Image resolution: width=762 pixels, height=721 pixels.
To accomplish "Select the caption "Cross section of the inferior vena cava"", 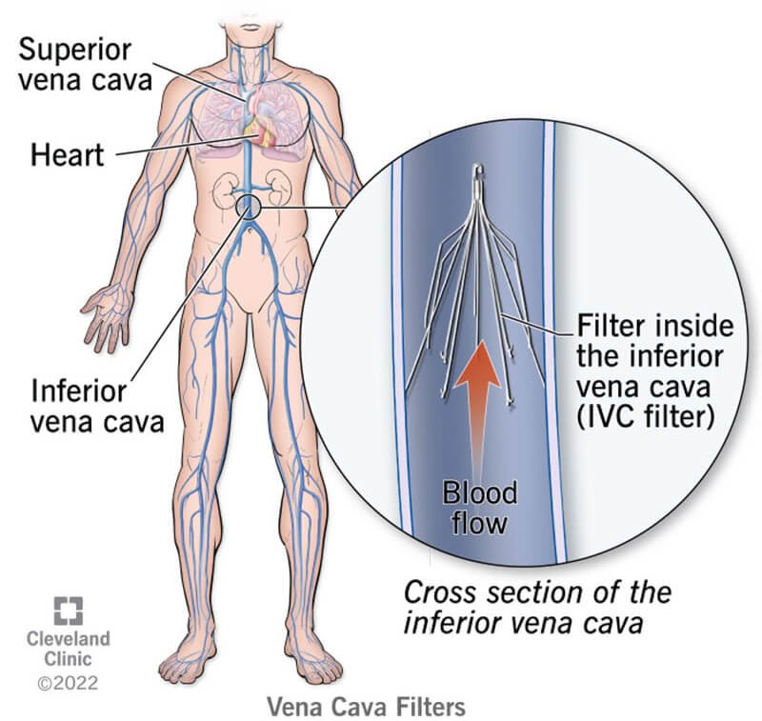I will [538, 607].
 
